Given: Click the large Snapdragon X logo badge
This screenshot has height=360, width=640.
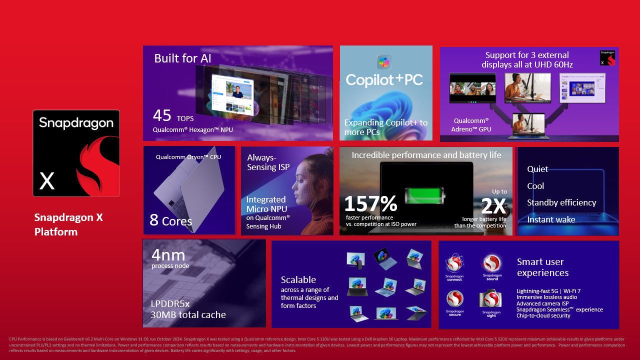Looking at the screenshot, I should pyautogui.click(x=76, y=153).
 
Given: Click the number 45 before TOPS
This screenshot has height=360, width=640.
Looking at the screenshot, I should pyautogui.click(x=162, y=115).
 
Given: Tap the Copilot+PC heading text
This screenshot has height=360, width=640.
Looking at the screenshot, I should pyautogui.click(x=384, y=79).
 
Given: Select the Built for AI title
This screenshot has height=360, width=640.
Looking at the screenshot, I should pyautogui.click(x=182, y=58).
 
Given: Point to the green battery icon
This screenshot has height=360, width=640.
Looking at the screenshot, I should pyautogui.click(x=423, y=195).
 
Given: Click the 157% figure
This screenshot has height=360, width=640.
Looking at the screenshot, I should pyautogui.click(x=370, y=204).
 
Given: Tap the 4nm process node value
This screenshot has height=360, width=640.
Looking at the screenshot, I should pyautogui.click(x=168, y=254).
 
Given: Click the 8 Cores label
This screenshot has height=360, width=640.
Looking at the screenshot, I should pyautogui.click(x=170, y=220).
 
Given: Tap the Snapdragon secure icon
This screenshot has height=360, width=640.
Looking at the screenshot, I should pyautogui.click(x=454, y=299).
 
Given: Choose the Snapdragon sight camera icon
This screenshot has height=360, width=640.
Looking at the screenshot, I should pyautogui.click(x=491, y=299).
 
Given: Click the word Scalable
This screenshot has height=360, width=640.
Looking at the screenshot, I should pyautogui.click(x=298, y=279).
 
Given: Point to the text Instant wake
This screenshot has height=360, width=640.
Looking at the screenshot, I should pyautogui.click(x=551, y=219).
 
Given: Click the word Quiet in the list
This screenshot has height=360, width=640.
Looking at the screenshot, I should pyautogui.click(x=537, y=169).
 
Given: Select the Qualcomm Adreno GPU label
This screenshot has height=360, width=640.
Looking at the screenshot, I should pyautogui.click(x=472, y=125).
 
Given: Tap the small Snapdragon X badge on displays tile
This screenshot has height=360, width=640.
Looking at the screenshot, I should pyautogui.click(x=607, y=58).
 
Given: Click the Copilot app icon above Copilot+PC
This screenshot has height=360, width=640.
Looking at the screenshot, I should pyautogui.click(x=384, y=62).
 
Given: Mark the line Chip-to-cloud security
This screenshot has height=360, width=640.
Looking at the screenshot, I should pyautogui.click(x=543, y=316).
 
